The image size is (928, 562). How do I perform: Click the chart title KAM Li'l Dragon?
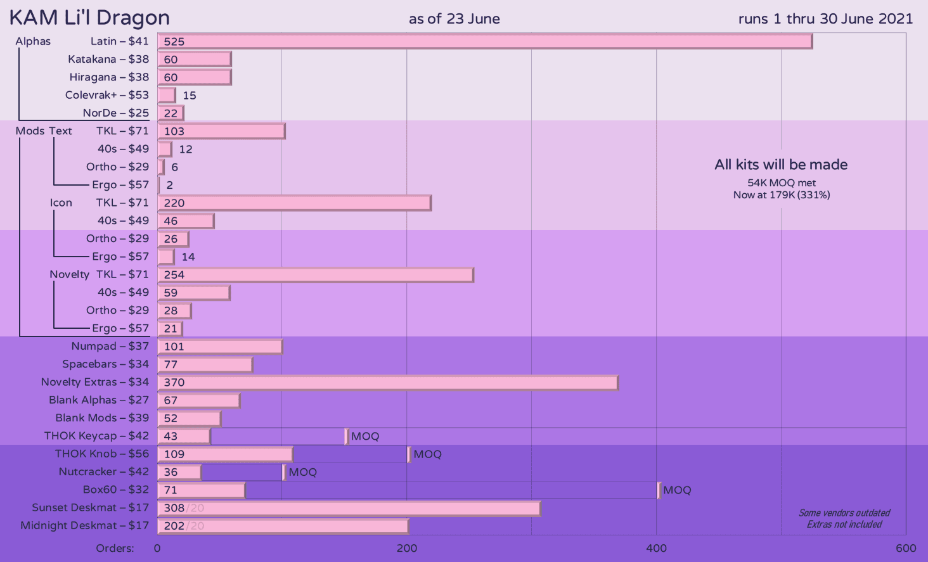(x=89, y=18)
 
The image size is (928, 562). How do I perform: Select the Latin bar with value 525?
(x=485, y=42)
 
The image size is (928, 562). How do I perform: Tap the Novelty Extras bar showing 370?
(x=388, y=383)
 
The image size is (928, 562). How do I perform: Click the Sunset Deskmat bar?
(x=349, y=508)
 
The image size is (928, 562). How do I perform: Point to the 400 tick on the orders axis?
(x=656, y=548)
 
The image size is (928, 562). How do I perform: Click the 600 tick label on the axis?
(x=906, y=548)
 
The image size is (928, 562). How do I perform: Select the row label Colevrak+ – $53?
(x=106, y=95)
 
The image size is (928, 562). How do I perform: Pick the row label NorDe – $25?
(x=115, y=113)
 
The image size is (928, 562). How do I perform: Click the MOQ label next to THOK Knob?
(x=427, y=454)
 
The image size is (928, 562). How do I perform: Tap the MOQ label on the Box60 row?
(x=677, y=490)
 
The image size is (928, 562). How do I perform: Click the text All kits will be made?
(x=781, y=165)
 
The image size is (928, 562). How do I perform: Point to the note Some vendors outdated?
(x=844, y=513)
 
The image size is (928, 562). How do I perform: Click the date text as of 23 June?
(x=454, y=19)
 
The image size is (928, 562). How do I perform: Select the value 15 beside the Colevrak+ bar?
(x=190, y=96)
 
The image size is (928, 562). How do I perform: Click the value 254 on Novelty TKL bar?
(x=174, y=275)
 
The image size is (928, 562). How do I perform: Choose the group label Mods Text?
(x=44, y=131)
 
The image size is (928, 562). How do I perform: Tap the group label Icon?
(x=61, y=203)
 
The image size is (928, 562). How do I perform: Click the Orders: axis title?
(x=115, y=548)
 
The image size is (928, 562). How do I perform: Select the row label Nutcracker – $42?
(x=103, y=472)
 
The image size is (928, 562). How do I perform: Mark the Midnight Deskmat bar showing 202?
(x=283, y=526)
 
